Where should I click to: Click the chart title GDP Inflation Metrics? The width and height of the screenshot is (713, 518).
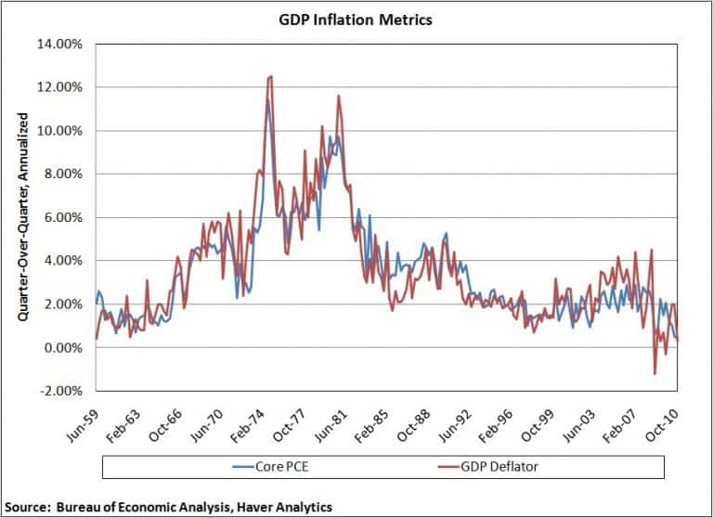(x=356, y=19)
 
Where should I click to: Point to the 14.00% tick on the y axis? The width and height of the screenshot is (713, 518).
(x=62, y=44)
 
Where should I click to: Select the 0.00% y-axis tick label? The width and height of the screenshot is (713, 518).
(x=65, y=348)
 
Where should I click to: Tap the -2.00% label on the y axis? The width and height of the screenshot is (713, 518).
(x=62, y=391)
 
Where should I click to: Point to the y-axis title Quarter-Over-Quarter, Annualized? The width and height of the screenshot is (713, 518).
(x=21, y=218)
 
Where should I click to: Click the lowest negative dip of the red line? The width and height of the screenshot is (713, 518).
(x=655, y=374)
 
